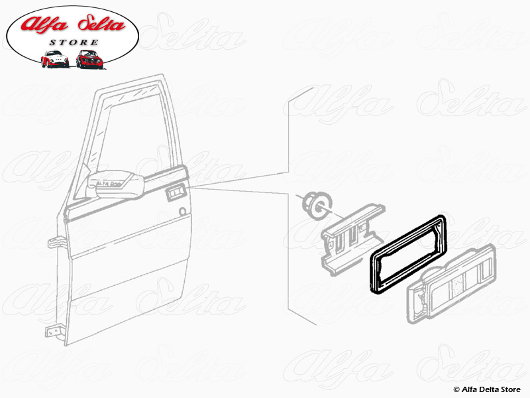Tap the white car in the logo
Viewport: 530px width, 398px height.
(x=54, y=59)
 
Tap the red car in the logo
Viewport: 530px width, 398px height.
(x=88, y=59)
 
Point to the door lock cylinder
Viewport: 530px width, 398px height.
(x=182, y=212)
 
